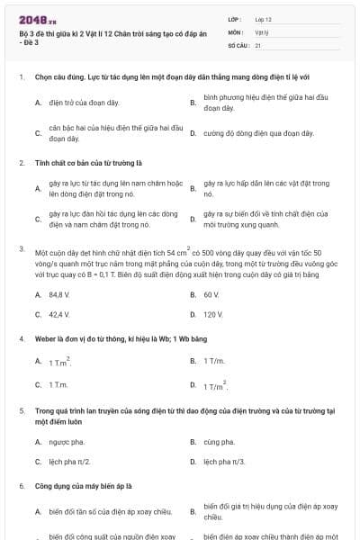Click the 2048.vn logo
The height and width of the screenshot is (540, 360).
click(35, 17)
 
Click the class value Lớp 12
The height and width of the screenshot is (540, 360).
click(263, 18)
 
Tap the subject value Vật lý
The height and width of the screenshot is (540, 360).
click(261, 31)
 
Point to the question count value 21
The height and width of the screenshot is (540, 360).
click(258, 44)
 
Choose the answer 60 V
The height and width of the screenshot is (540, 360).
click(211, 294)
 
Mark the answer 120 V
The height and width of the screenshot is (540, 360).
click(213, 315)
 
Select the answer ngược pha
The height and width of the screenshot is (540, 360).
click(64, 442)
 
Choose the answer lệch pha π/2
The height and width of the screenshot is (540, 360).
click(69, 462)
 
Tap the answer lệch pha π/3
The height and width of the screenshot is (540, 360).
click(224, 462)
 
